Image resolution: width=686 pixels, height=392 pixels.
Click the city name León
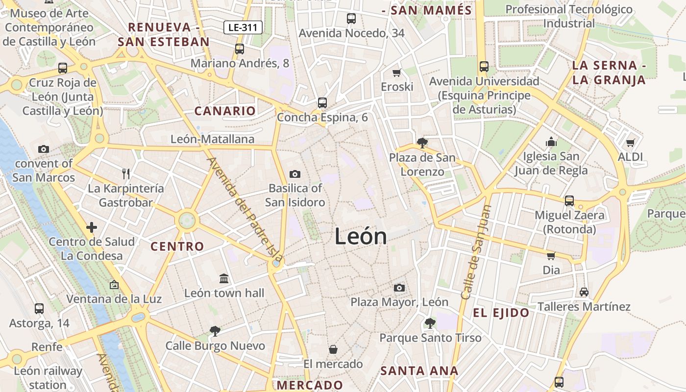pyautogui.click(x=361, y=237)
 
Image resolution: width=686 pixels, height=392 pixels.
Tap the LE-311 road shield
pyautogui.click(x=243, y=27)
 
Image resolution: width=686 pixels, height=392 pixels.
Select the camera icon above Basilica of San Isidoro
pyautogui.click(x=295, y=174)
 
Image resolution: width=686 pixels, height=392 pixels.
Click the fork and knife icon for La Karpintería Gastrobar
pyautogui.click(x=126, y=173)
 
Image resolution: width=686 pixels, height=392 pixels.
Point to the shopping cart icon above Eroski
pyautogui.click(x=397, y=73)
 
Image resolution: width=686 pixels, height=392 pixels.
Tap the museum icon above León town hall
pyautogui.click(x=224, y=278)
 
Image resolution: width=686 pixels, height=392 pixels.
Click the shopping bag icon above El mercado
pyautogui.click(x=333, y=349)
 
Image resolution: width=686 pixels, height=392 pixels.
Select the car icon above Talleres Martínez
pyautogui.click(x=584, y=292)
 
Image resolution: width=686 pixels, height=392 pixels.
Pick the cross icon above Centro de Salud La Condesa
pyautogui.click(x=92, y=227)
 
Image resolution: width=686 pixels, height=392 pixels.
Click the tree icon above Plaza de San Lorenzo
pyautogui.click(x=422, y=143)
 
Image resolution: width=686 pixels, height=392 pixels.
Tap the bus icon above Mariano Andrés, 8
pyautogui.click(x=239, y=49)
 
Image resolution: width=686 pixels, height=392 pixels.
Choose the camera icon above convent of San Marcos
pyautogui.click(x=44, y=149)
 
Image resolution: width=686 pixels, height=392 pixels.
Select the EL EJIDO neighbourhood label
pyautogui.click(x=501, y=313)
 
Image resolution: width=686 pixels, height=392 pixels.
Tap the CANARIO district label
pyautogui.click(x=225, y=111)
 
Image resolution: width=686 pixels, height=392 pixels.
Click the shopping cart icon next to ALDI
pyautogui.click(x=630, y=143)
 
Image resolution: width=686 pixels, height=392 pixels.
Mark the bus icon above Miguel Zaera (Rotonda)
pyautogui.click(x=569, y=201)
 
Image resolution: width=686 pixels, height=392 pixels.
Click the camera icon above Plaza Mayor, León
pyautogui.click(x=399, y=288)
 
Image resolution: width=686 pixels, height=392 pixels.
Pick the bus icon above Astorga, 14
pyautogui.click(x=39, y=309)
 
